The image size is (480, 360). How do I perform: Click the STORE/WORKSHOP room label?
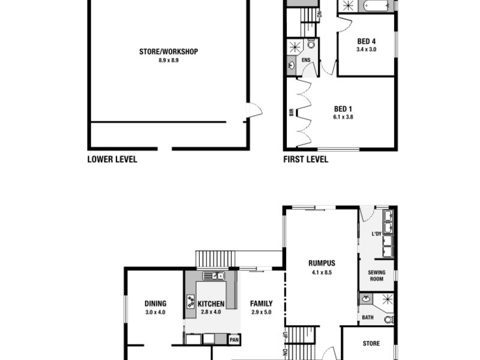[168, 52]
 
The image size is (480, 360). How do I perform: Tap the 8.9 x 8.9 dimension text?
[168, 60]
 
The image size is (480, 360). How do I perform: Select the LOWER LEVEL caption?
[112, 160]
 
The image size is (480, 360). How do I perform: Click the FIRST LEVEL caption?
[305, 160]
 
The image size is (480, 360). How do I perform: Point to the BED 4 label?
[366, 41]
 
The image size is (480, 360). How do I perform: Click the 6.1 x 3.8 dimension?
[342, 117]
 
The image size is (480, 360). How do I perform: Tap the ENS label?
[306, 60]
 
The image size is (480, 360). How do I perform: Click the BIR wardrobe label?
[292, 112]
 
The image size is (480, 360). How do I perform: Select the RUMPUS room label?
[322, 263]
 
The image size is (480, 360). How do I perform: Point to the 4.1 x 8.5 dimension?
[322, 272]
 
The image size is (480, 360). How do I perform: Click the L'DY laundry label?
[377, 233]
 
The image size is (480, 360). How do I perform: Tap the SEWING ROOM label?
[377, 276]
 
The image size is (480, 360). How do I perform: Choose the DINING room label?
[155, 304]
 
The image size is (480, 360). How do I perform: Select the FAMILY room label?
[262, 304]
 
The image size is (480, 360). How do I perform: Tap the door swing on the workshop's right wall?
[255, 110]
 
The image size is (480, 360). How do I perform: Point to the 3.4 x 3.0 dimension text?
[366, 49]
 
